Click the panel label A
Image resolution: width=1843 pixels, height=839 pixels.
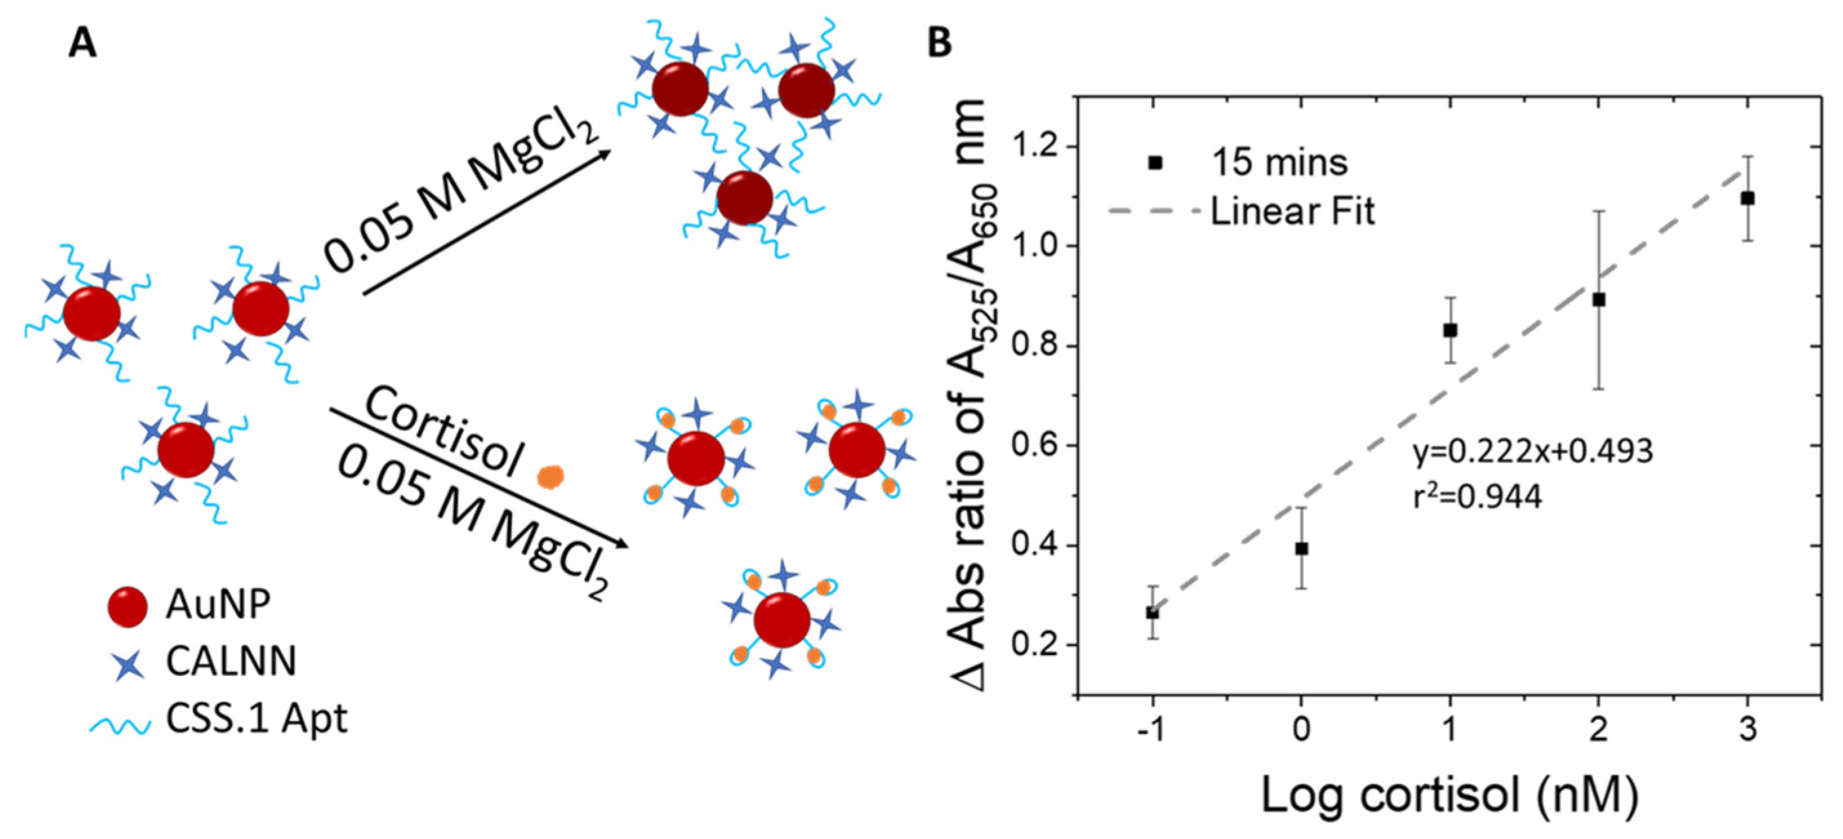pos(83,44)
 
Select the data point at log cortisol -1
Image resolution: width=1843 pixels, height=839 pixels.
pos(1153,613)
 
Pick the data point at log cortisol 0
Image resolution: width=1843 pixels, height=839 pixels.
pos(1302,548)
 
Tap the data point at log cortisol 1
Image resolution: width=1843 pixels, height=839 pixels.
pos(1450,330)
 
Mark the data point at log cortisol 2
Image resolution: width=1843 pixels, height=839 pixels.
pos(1599,300)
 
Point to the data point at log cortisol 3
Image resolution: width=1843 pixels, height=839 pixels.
pos(1748,198)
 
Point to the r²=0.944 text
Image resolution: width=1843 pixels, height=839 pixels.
pos(1477,496)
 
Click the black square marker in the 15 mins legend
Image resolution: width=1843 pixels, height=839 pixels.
pos(1155,163)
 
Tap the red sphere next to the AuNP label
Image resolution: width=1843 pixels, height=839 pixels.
pos(128,607)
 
